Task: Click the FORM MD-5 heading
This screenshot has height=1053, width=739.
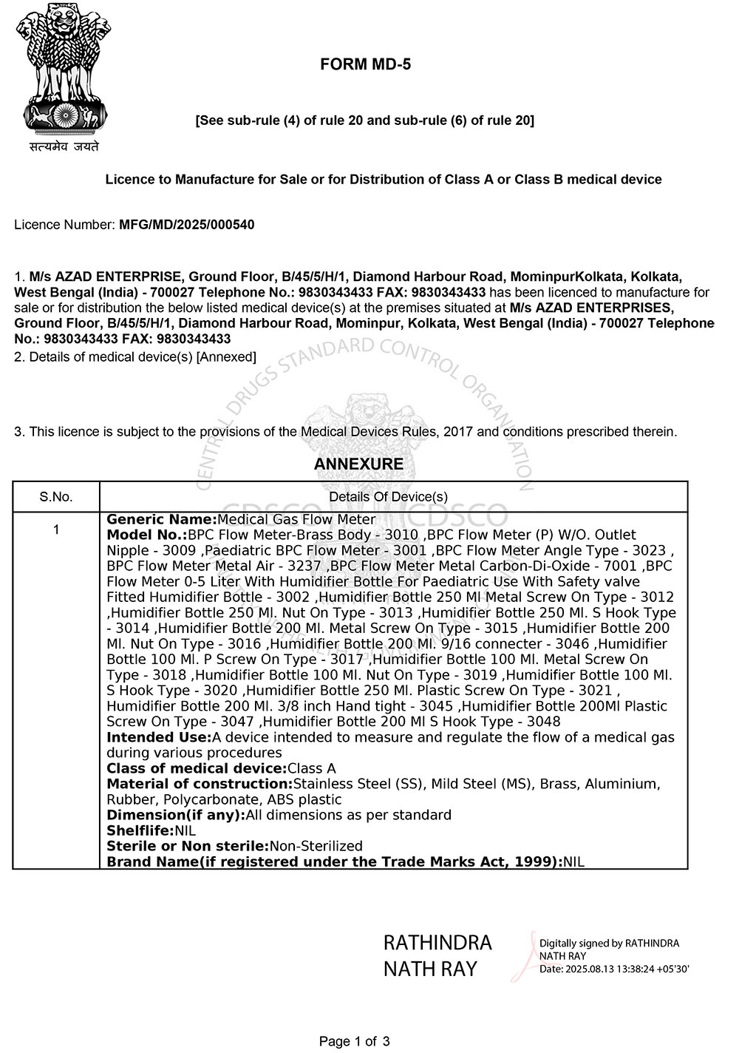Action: tap(365, 65)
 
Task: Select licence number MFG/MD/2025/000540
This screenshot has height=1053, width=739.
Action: tap(186, 225)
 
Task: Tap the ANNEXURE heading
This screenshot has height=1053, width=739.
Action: tap(358, 464)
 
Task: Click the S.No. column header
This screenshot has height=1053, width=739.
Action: tap(56, 497)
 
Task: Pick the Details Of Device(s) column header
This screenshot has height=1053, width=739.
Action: tap(388, 497)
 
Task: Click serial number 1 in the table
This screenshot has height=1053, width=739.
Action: tap(56, 529)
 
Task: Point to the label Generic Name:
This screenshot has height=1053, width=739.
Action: tap(162, 520)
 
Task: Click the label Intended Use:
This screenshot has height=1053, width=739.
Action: tap(159, 738)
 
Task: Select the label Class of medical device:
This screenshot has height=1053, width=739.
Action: tap(197, 769)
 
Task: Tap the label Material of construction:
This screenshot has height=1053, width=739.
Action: tap(200, 785)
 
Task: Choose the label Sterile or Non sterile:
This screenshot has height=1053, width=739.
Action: tap(188, 847)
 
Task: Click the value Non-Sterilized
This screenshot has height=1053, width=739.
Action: tap(316, 847)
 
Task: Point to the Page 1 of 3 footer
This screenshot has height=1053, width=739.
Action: tap(354, 1042)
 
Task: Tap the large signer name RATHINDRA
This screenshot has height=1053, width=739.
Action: tap(437, 943)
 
